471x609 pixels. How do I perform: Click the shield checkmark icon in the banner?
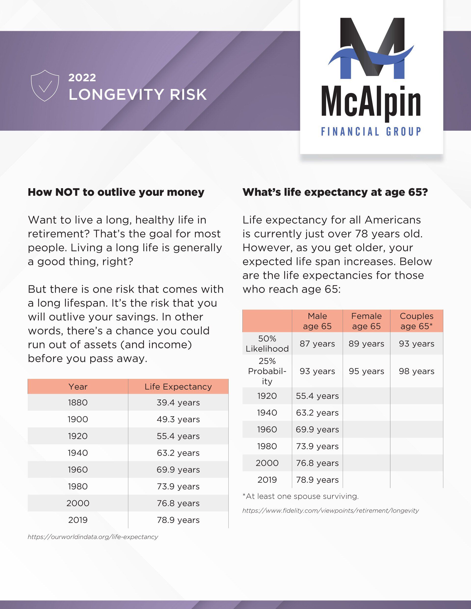point(45,86)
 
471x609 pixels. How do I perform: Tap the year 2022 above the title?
point(82,78)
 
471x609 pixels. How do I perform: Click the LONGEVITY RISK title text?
point(138,95)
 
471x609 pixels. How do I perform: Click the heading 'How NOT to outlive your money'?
point(116,192)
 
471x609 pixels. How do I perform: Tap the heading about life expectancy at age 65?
point(335,192)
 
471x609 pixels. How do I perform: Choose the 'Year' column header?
point(78,387)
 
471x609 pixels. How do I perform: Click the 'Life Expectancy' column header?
point(178,387)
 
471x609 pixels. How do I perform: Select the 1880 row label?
point(78,403)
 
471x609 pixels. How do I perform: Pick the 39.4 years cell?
point(178,403)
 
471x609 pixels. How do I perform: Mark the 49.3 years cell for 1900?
point(178,419)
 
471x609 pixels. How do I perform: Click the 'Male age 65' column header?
point(317,321)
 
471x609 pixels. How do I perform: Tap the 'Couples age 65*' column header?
point(417,321)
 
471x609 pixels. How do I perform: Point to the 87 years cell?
point(317,344)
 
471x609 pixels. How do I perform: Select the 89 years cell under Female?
point(366,344)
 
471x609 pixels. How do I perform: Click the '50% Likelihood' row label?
point(267,344)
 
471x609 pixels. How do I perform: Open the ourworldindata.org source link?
point(93,537)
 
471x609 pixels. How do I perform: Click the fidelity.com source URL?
point(331,510)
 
